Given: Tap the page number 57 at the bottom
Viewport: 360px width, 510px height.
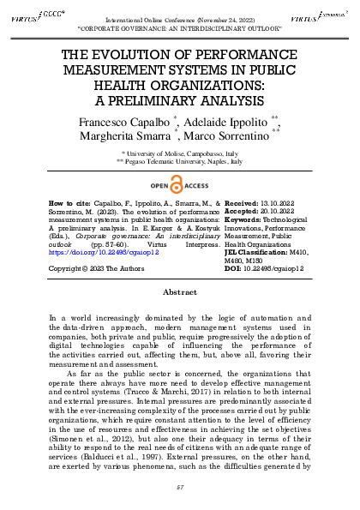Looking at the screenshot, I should click(x=180, y=486).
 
